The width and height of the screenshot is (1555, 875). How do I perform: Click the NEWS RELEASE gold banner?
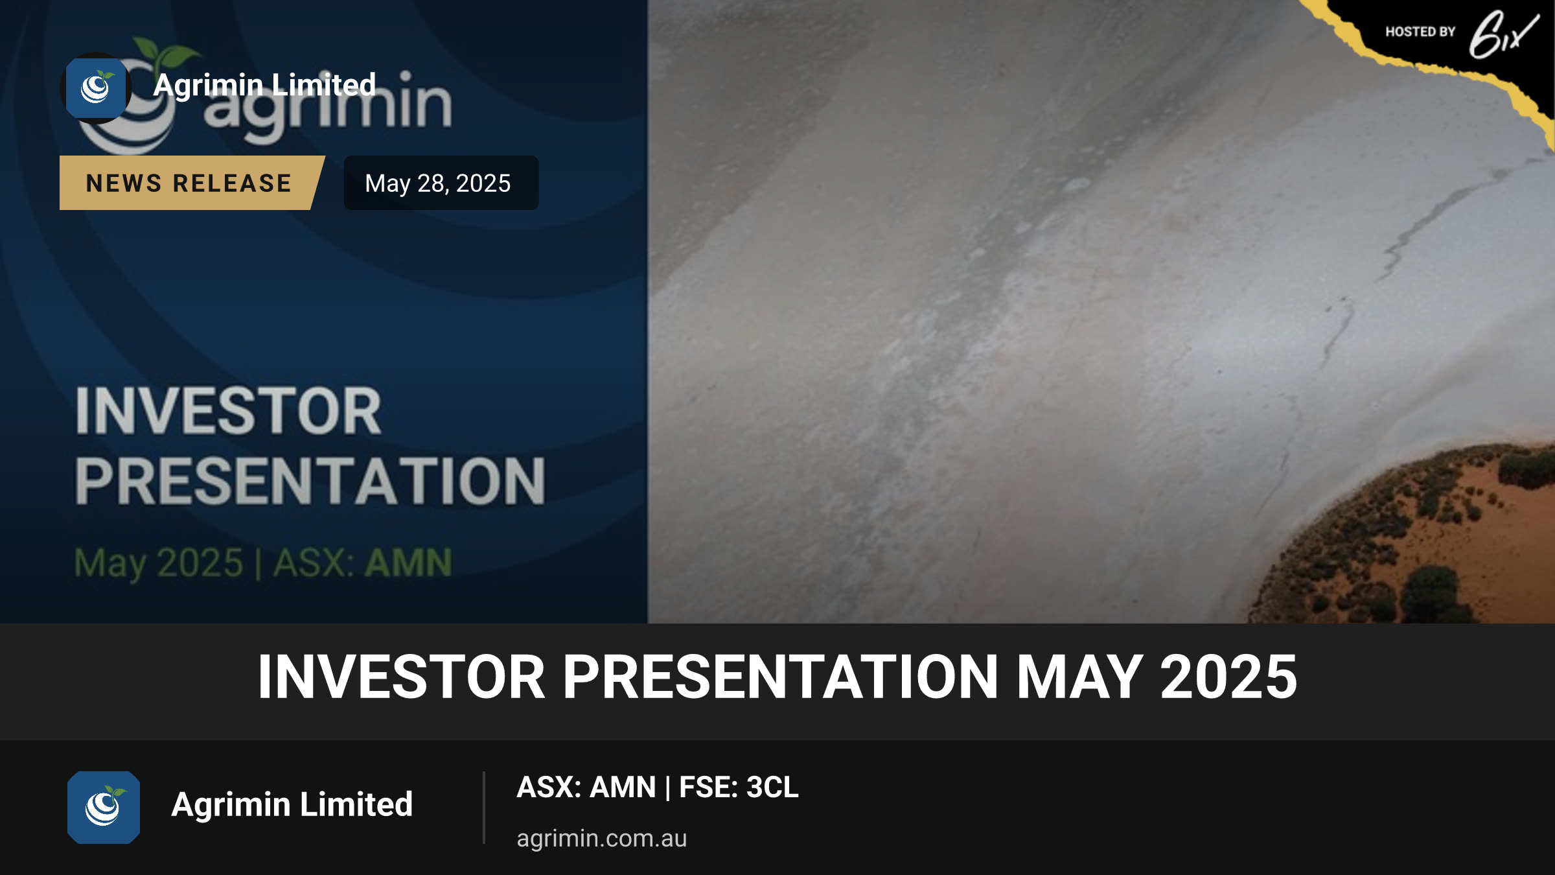(192, 183)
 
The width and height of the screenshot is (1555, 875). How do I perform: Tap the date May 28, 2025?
(438, 183)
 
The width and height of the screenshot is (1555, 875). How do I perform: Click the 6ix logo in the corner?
(1503, 34)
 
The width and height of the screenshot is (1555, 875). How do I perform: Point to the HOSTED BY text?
(1420, 32)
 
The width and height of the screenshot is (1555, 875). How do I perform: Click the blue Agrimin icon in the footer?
(104, 807)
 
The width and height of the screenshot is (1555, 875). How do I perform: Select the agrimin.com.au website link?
(601, 838)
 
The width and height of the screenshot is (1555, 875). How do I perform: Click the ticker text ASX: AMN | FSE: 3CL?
(658, 787)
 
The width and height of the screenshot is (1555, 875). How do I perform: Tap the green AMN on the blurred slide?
(408, 563)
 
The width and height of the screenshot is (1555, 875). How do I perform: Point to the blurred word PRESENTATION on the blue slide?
(310, 480)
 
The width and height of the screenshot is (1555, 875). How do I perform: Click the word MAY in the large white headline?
(1079, 677)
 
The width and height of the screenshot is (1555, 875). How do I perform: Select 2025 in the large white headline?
(1228, 677)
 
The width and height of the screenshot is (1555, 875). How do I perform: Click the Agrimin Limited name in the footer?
(292, 805)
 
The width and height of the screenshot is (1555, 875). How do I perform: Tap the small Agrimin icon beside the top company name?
(96, 88)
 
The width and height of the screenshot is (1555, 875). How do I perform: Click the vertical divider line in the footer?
(484, 808)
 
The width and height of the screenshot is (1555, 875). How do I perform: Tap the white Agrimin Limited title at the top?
(264, 85)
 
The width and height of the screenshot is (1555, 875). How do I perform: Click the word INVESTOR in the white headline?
(402, 677)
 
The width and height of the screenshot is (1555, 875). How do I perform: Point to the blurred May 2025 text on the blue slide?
(159, 563)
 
